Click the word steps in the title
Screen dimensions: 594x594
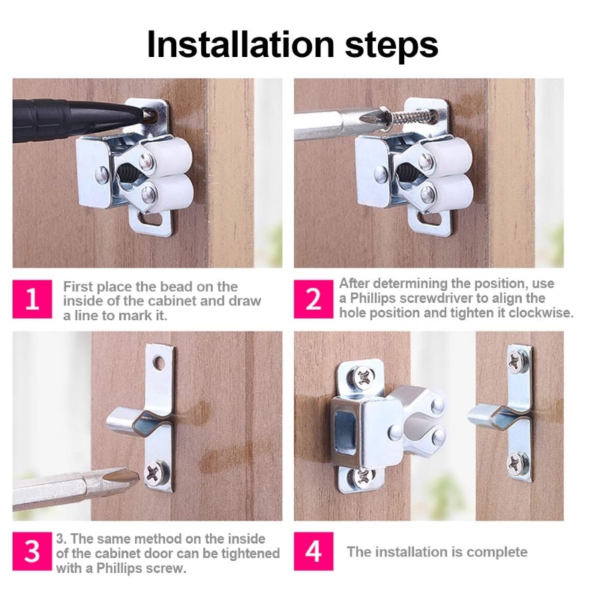tap(391, 47)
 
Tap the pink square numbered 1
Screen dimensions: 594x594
tap(32, 299)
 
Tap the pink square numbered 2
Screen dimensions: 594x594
tap(313, 299)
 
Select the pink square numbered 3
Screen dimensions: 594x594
tap(32, 551)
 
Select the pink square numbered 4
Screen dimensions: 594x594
tap(313, 551)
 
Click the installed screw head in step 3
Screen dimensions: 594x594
tap(157, 472)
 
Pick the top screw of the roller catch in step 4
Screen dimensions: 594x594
tap(363, 378)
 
